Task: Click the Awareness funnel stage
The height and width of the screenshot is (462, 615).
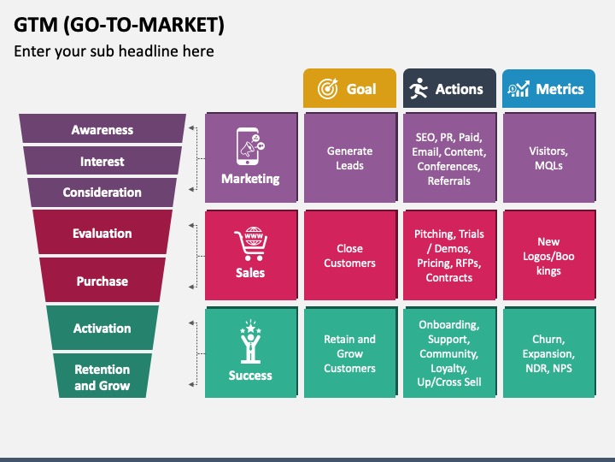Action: coord(102,130)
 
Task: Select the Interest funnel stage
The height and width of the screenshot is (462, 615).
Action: coord(102,161)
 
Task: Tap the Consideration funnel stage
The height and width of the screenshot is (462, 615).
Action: coord(102,192)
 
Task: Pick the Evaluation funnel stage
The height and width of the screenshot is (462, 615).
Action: coord(102,233)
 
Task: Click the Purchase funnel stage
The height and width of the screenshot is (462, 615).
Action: coord(102,281)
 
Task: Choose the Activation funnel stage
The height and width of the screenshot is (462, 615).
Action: coord(102,329)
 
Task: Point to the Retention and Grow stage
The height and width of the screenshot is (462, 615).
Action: coord(102,377)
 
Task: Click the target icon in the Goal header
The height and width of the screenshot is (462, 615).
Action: coord(327,89)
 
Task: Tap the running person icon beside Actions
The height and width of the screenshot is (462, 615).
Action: coord(419,89)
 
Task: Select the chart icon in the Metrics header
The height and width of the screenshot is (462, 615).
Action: coord(518,89)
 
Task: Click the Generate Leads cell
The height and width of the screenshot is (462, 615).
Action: coord(349,158)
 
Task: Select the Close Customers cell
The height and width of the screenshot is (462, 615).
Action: coord(349,256)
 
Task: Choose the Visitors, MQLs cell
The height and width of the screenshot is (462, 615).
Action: coord(548,158)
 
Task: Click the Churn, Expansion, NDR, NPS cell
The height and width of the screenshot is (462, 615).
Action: coord(548,353)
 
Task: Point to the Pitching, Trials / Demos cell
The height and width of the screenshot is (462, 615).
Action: coord(449,256)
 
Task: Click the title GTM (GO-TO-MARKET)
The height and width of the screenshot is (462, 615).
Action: coord(119,25)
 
